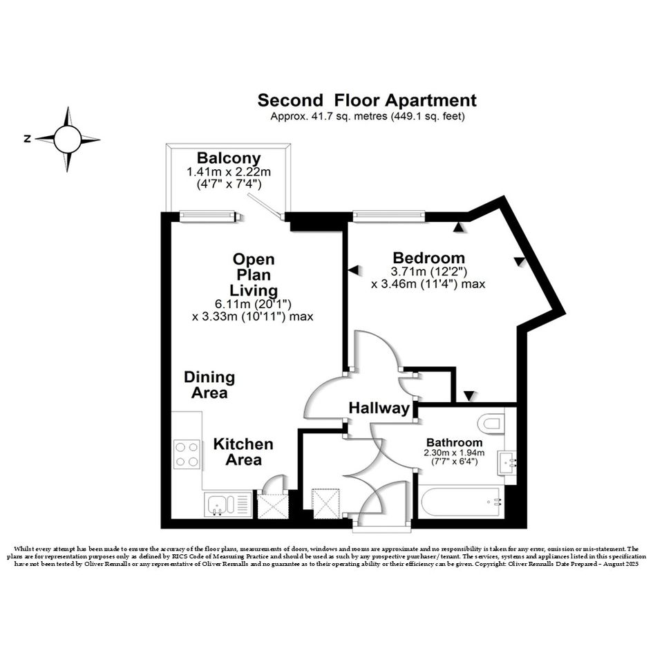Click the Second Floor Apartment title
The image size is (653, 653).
click(367, 100)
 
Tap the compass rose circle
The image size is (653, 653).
click(67, 139)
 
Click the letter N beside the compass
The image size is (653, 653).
click(28, 139)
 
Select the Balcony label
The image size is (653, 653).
click(229, 158)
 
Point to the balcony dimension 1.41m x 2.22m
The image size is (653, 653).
click(229, 171)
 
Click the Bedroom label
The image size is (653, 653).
click(428, 258)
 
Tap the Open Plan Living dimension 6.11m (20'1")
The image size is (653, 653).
click(253, 304)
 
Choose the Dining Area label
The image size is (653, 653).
click(209, 385)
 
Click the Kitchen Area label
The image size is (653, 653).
click(243, 452)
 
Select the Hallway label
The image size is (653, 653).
click(379, 408)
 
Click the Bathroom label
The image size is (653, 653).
click(455, 442)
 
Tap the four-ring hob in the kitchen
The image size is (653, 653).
click(187, 455)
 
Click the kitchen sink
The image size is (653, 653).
click(228, 504)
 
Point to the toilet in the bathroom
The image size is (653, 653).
click(492, 424)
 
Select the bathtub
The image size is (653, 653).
click(461, 502)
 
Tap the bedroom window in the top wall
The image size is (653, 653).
click(389, 216)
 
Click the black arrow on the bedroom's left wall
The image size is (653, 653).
click(353, 270)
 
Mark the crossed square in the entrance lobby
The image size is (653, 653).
click(326, 504)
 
